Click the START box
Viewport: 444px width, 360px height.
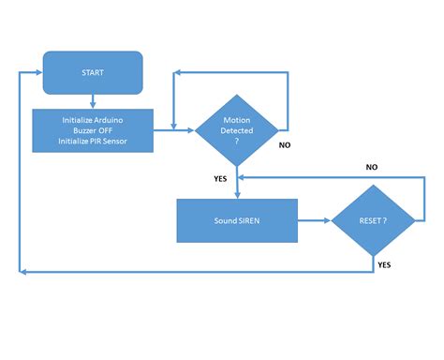(93, 73)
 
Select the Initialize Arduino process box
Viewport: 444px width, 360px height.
(93, 129)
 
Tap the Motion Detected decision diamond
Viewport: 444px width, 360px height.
(237, 130)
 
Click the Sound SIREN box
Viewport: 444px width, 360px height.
(237, 221)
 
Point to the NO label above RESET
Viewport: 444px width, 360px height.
(371, 166)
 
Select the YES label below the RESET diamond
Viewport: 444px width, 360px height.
(384, 264)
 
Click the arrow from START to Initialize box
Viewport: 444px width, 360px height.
(93, 101)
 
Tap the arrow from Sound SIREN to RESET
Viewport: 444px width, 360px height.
(314, 221)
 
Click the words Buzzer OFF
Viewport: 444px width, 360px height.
(93, 129)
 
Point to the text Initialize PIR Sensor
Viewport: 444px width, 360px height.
(93, 141)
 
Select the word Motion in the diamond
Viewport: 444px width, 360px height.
(237, 120)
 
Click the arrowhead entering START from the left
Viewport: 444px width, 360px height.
(39, 73)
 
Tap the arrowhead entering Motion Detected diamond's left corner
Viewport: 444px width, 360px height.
(190, 130)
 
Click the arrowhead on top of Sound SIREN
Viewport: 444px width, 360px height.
(237, 195)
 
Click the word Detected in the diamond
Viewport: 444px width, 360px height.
(237, 130)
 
